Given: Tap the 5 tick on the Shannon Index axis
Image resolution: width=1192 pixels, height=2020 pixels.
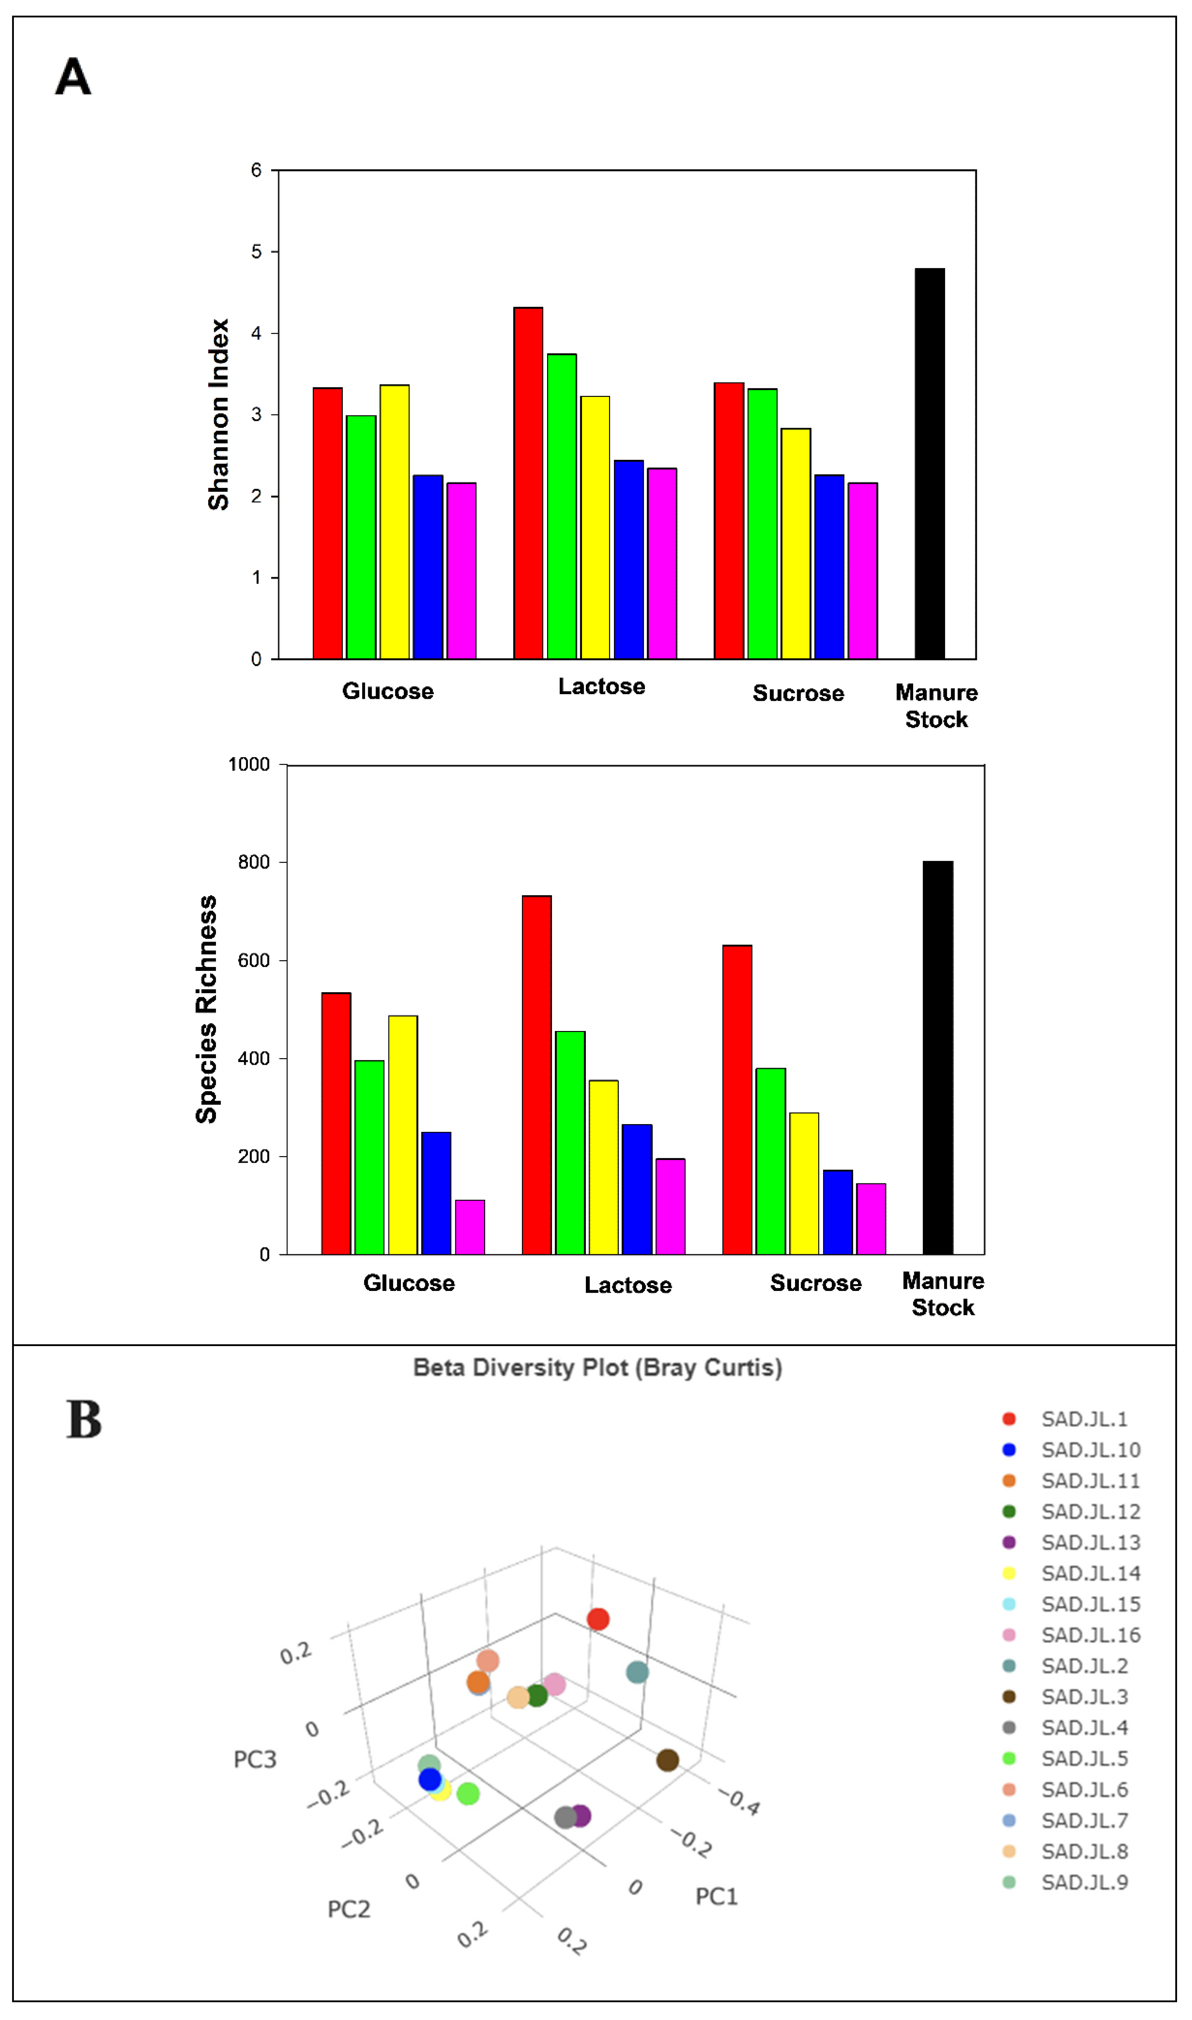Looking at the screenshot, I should click(256, 252).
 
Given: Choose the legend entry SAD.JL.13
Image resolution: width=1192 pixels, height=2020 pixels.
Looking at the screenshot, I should click(1090, 1543).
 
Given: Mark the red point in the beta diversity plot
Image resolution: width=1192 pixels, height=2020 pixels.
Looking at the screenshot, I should click(598, 1620).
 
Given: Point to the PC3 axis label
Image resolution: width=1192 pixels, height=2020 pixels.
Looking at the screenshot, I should click(255, 1760).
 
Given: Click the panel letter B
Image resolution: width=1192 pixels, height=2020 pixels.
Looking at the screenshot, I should click(84, 1421).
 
